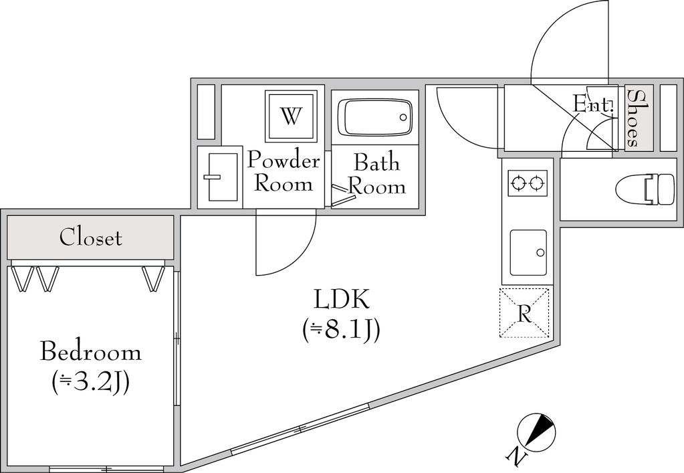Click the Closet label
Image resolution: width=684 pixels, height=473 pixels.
tap(90, 238)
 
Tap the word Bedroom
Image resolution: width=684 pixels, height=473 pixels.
tap(91, 352)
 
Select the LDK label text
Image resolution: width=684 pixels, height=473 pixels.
tap(342, 300)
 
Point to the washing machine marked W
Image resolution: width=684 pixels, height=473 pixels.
tap(291, 116)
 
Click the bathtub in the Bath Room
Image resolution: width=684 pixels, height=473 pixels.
tap(375, 117)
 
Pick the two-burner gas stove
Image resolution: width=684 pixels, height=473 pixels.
tap(528, 183)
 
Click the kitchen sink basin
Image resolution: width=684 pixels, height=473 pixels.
tap(528, 253)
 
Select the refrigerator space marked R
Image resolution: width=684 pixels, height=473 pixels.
tap(524, 313)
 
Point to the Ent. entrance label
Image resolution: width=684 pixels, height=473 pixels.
tap(594, 104)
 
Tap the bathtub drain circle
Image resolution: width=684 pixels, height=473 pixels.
tap(403, 117)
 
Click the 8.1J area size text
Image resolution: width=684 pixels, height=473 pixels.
tap(342, 330)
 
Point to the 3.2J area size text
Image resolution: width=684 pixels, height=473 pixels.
tap(91, 383)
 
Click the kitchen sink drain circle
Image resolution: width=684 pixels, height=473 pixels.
tap(540, 253)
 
